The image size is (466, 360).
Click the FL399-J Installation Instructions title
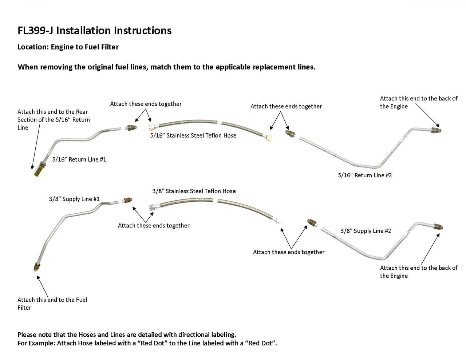pos(95,30)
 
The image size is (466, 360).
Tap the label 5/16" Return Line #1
pos(79,159)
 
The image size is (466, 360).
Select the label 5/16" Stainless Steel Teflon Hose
pos(193,136)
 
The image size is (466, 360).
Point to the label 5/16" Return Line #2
pos(365,175)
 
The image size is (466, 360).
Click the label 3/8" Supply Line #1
pos(74,199)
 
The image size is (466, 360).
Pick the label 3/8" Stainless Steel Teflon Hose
pos(194,191)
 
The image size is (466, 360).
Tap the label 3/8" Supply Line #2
pos(366,231)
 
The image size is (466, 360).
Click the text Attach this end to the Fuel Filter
pos(52,304)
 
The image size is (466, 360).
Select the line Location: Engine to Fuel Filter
pos(68,47)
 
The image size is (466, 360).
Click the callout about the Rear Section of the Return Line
pos(54,119)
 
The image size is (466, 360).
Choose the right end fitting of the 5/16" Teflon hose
pos(269,137)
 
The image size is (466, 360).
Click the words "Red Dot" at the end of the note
pos(263,343)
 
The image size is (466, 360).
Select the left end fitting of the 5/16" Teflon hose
pos(152,127)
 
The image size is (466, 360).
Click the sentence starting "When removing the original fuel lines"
pos(166,67)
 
